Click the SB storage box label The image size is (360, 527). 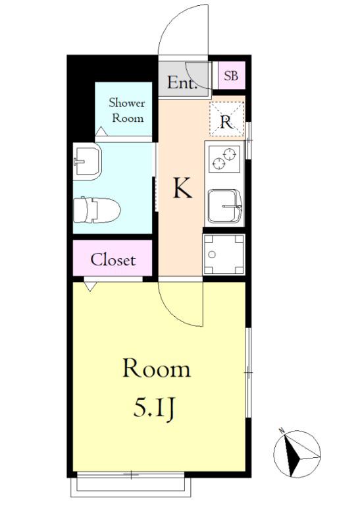231,76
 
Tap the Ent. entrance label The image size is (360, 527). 182,83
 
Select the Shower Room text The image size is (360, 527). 127,110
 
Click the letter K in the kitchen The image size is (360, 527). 182,188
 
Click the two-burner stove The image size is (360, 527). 224,159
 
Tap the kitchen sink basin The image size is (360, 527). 224,206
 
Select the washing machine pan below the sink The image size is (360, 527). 224,254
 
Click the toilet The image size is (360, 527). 96,210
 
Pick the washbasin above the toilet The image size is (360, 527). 87,161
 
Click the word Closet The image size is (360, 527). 113,260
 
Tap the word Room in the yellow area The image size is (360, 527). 157,369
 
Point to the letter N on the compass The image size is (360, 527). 282,430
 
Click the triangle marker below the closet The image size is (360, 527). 90,287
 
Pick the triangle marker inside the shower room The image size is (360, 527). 101,131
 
